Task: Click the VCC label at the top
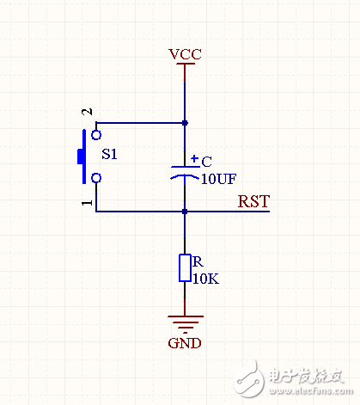click(x=185, y=53)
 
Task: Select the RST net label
click(x=253, y=203)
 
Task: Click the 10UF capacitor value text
click(x=218, y=179)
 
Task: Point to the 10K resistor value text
click(x=206, y=279)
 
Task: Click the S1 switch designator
click(x=111, y=156)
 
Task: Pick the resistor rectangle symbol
click(x=185, y=268)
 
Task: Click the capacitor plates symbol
click(x=185, y=171)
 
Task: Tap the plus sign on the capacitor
click(x=195, y=159)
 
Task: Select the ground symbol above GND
click(x=185, y=323)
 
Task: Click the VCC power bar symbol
click(x=185, y=64)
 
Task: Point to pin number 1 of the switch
click(x=86, y=203)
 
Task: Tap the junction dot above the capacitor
click(x=185, y=123)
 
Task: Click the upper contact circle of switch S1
click(x=96, y=133)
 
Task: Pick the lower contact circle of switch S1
click(x=96, y=178)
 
